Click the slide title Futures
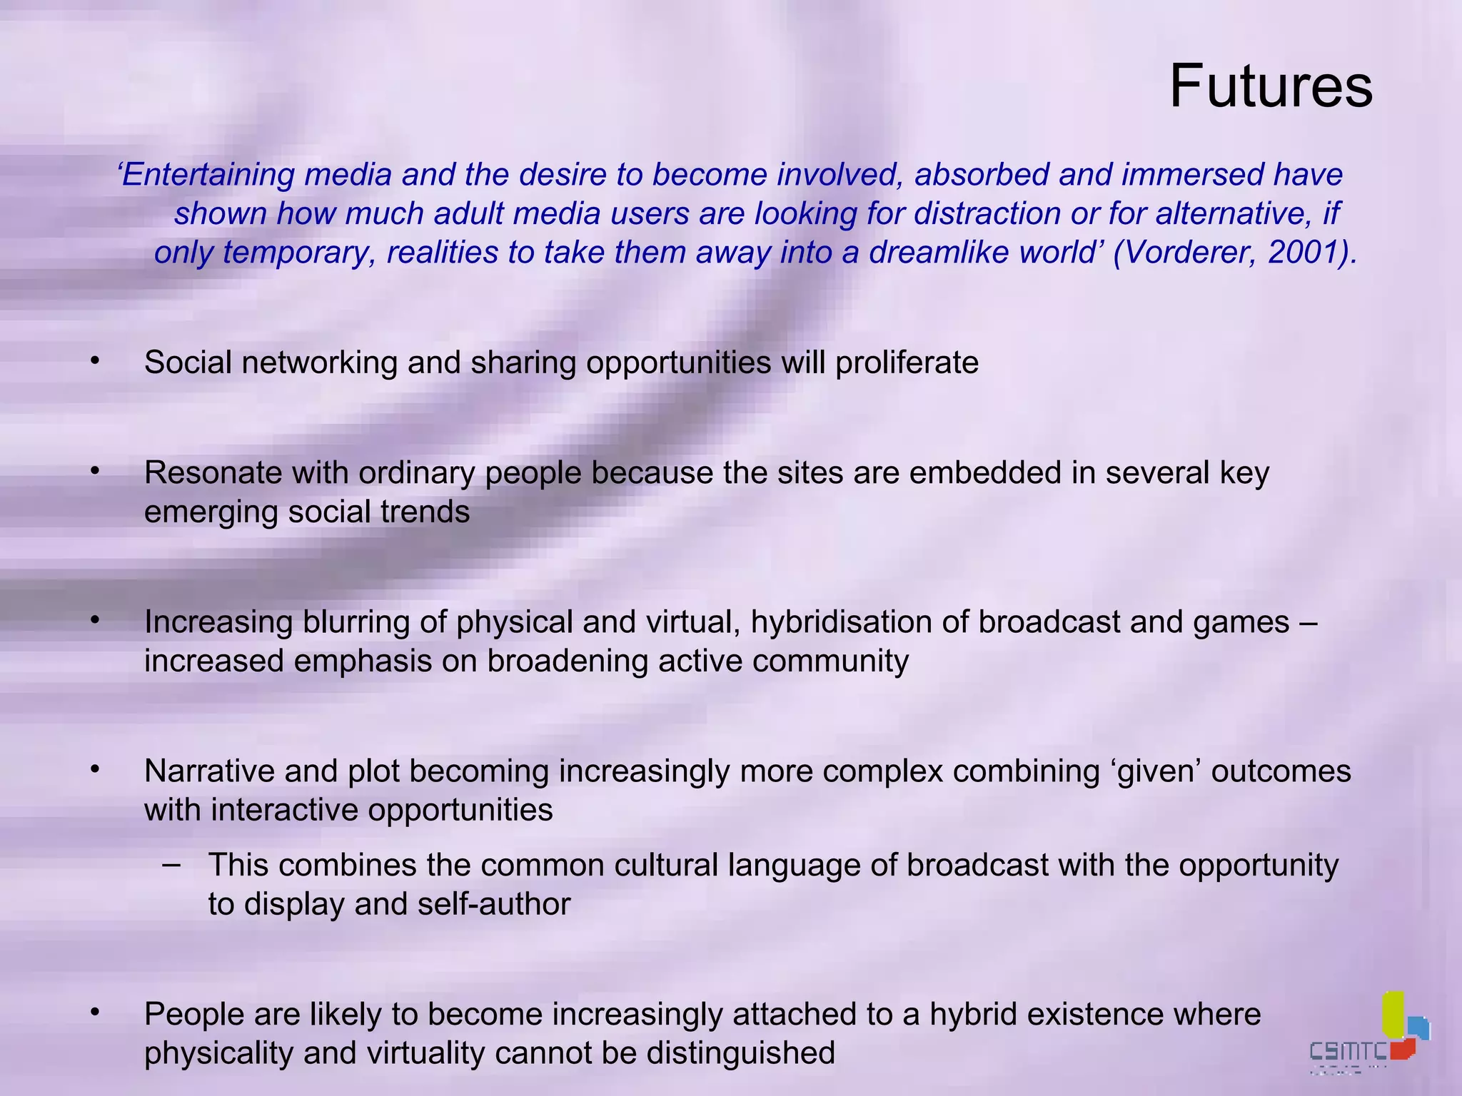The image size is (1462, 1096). [1271, 86]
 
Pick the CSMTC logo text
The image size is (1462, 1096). [1348, 1050]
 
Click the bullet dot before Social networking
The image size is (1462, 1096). [95, 362]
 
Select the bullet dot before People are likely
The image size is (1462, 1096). [95, 1013]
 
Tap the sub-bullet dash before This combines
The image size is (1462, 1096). [171, 864]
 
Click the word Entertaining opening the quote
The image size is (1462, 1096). [207, 175]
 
